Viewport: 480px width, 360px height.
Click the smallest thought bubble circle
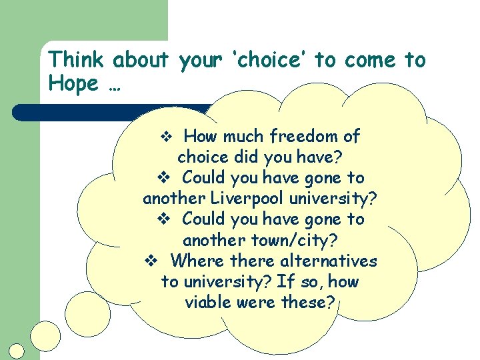click(17, 351)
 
